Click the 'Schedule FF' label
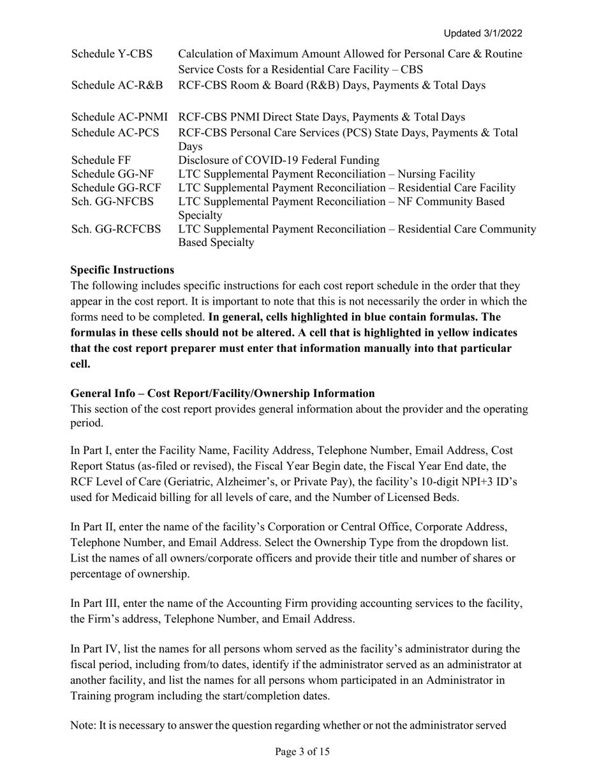click(x=101, y=160)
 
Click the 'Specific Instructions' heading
click(x=122, y=270)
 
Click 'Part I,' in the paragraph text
click(x=96, y=451)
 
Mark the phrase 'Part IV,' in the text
click(x=100, y=650)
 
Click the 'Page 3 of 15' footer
click(x=302, y=752)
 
